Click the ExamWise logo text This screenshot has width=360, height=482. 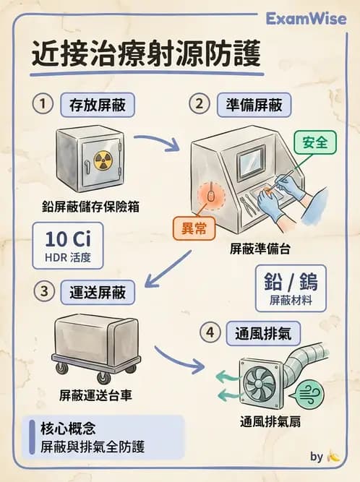(x=307, y=18)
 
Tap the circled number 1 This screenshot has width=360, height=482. (x=43, y=104)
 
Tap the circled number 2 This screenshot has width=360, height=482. (x=199, y=104)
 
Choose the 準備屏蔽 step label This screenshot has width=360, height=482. (x=253, y=105)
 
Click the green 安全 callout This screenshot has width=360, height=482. (x=315, y=142)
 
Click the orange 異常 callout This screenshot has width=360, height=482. (x=194, y=228)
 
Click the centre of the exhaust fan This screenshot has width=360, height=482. (x=257, y=381)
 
